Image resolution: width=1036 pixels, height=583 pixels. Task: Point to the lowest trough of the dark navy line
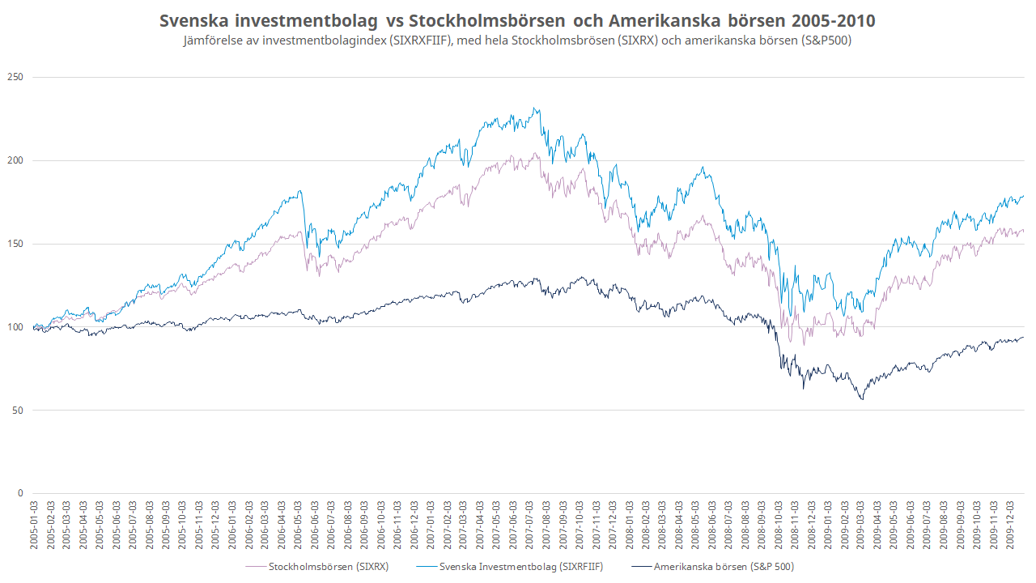click(862, 400)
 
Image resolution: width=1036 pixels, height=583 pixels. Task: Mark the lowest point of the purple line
click(804, 345)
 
